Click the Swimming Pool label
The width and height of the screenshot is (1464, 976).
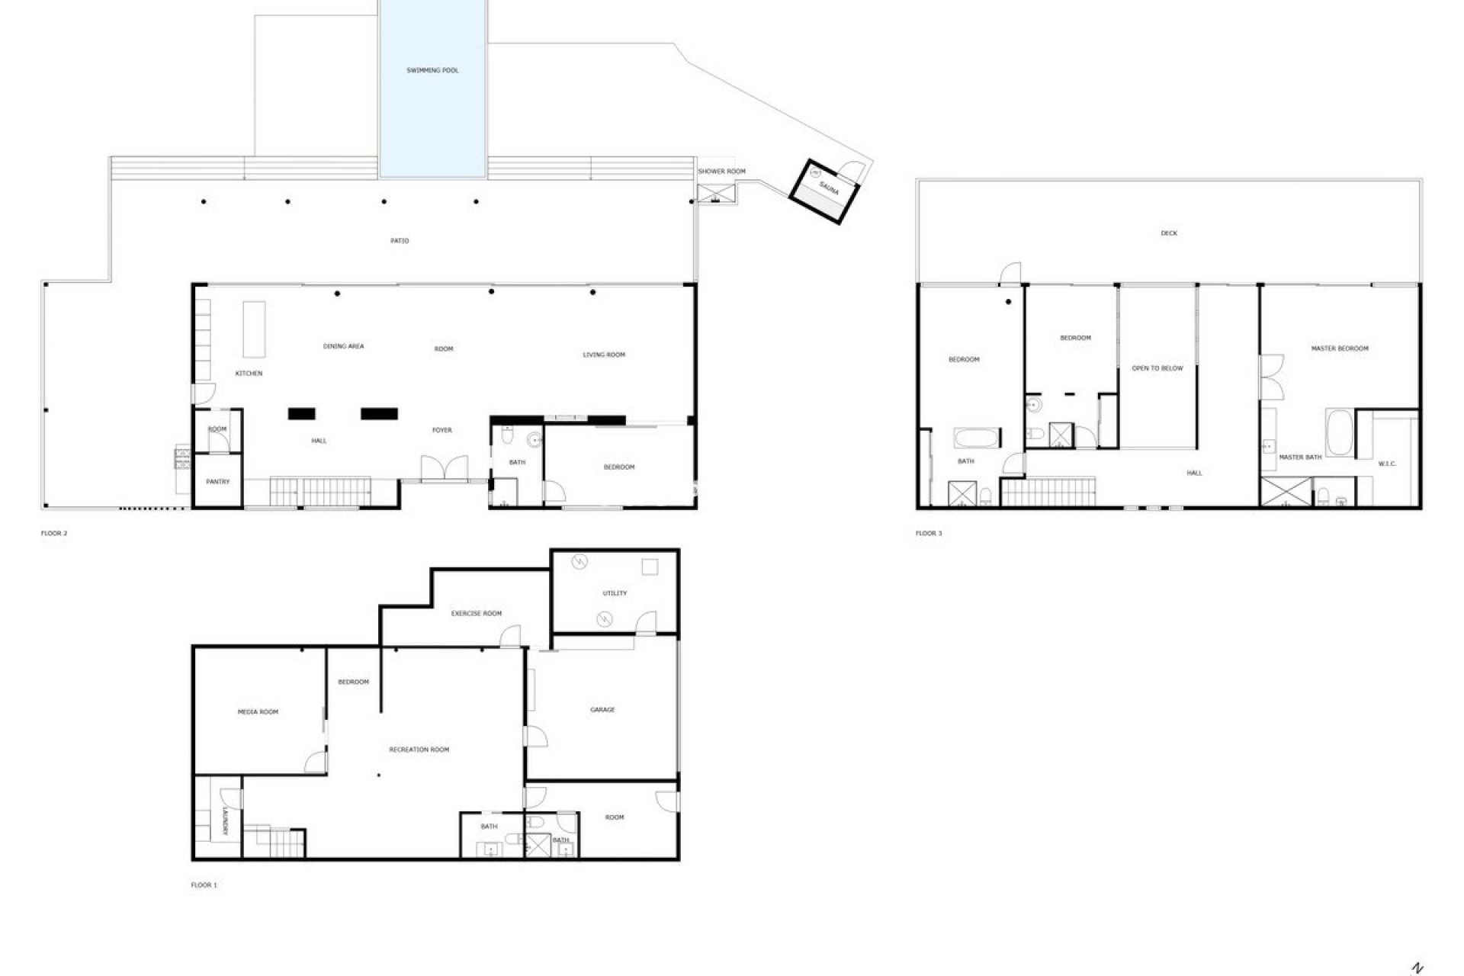(432, 70)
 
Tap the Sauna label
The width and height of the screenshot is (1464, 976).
(829, 188)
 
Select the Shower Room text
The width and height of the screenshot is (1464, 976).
(721, 172)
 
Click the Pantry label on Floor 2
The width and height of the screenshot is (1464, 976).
(217, 482)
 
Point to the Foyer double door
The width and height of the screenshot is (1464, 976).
(444, 468)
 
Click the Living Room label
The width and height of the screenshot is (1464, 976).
(604, 355)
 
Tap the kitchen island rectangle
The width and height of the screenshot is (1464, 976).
(254, 329)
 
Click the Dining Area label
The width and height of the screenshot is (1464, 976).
(343, 346)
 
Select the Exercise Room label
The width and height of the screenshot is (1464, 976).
(476, 613)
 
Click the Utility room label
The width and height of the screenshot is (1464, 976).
(615, 593)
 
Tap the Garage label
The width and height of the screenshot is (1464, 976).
(602, 710)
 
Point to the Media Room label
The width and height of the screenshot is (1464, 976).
(258, 712)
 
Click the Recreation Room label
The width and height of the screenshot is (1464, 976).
(419, 750)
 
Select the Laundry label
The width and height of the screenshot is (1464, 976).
(226, 821)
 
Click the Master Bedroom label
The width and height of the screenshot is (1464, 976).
(1340, 348)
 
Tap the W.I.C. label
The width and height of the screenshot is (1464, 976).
(1387, 464)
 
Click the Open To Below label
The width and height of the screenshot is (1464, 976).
(1157, 368)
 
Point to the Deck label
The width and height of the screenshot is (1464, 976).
(1169, 233)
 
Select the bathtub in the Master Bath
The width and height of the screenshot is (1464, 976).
(1339, 432)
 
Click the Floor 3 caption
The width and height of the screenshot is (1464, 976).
(929, 533)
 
